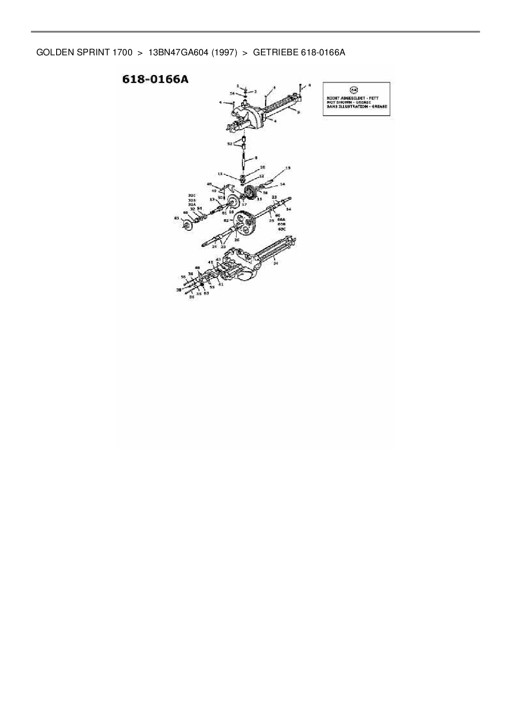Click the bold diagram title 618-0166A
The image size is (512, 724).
[x=155, y=79]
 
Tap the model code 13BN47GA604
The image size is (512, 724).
[x=178, y=52]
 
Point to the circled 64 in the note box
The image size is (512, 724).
[x=354, y=90]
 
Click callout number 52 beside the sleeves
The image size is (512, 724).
[x=230, y=144]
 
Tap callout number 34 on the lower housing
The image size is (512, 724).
[x=276, y=263]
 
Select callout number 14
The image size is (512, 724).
[x=282, y=184]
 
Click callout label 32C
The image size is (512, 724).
[x=192, y=195]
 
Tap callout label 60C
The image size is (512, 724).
[x=282, y=228]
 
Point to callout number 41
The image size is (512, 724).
[x=221, y=284]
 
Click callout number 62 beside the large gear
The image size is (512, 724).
[x=226, y=220]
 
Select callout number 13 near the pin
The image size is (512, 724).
[x=288, y=168]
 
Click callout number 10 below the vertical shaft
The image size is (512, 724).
[x=263, y=167]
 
